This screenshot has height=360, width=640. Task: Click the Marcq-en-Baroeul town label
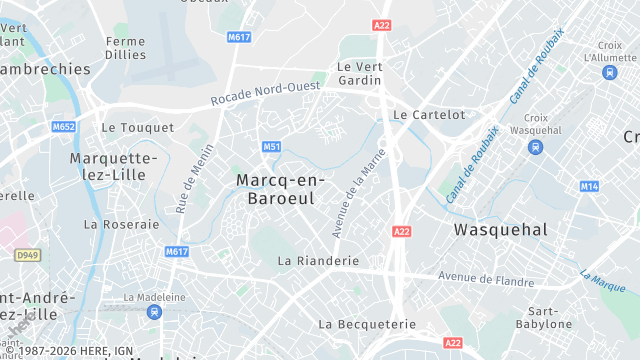[x=275, y=188]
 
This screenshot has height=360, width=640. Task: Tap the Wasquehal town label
[x=500, y=229]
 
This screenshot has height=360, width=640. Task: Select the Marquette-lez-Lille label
[x=113, y=166]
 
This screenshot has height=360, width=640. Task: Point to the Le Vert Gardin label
[x=360, y=74]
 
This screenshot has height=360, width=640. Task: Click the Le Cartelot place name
[x=429, y=114]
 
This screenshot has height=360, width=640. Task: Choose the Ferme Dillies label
[x=125, y=49]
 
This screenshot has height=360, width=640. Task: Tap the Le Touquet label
[x=137, y=128]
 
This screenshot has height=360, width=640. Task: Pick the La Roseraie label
[x=121, y=224]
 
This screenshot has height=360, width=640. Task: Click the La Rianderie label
[x=318, y=260]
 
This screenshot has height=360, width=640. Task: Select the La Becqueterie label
[x=366, y=324]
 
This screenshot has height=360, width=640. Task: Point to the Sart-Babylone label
[x=544, y=317]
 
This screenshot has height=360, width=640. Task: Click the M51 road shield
[x=271, y=147]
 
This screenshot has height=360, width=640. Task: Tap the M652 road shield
[x=64, y=126]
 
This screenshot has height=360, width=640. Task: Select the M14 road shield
[x=589, y=186]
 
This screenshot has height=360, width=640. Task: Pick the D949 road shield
[x=28, y=256]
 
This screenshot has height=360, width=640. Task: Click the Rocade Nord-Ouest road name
[x=265, y=95]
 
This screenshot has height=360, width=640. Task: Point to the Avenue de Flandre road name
[x=486, y=278]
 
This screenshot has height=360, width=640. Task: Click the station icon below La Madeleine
[x=153, y=312]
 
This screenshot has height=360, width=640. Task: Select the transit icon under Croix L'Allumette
[x=609, y=72]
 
